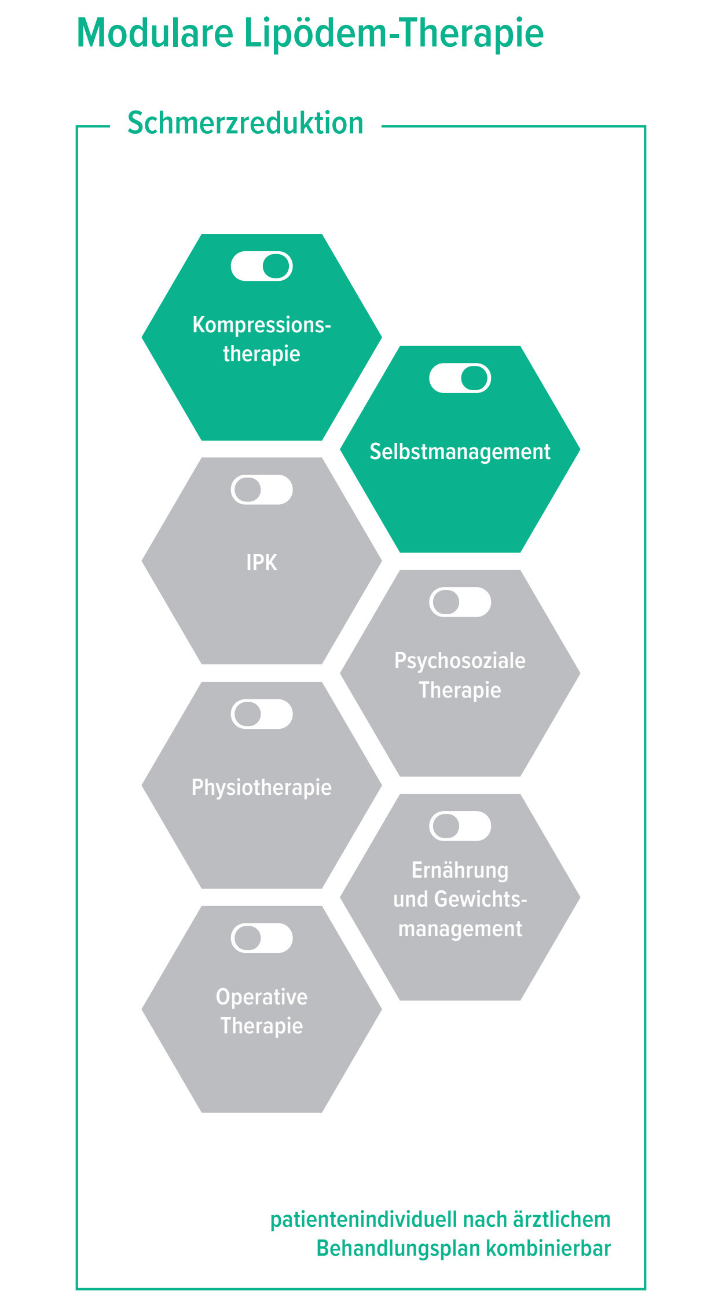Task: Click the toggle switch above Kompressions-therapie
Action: [262, 266]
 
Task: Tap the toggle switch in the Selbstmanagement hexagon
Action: [460, 378]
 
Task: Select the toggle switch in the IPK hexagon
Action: [262, 490]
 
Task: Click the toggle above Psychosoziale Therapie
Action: [460, 602]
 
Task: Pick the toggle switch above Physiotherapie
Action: [262, 714]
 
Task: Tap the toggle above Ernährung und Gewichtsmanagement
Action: [460, 826]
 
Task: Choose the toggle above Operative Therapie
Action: [262, 938]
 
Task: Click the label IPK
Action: [262, 563]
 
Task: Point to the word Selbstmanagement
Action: [460, 452]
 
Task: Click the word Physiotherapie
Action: [262, 787]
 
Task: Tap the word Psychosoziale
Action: [460, 661]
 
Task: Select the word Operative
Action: [262, 997]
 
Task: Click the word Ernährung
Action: [460, 870]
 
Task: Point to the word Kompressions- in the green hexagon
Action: [262, 325]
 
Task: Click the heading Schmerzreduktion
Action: [245, 123]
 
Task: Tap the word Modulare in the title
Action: [155, 34]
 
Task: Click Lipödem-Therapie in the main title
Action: [394, 34]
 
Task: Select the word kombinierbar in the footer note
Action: [548, 1249]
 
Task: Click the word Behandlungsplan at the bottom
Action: [398, 1249]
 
